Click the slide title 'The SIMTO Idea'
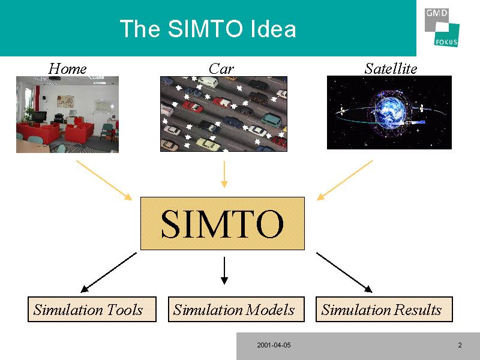tap(208, 29)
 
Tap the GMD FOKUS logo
tap(442, 26)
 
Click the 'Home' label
tap(67, 68)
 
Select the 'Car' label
tap(221, 68)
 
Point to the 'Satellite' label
tap(391, 68)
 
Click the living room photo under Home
tap(67, 114)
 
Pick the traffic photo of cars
tap(223, 114)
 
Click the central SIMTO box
tap(223, 223)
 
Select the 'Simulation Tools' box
tap(92, 310)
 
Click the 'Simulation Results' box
tap(384, 310)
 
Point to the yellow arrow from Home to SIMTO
tap(104, 180)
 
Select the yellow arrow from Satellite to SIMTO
tap(344, 179)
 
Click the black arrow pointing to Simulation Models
tap(224, 270)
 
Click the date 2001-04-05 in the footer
tap(274, 346)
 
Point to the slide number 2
tap(460, 346)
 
